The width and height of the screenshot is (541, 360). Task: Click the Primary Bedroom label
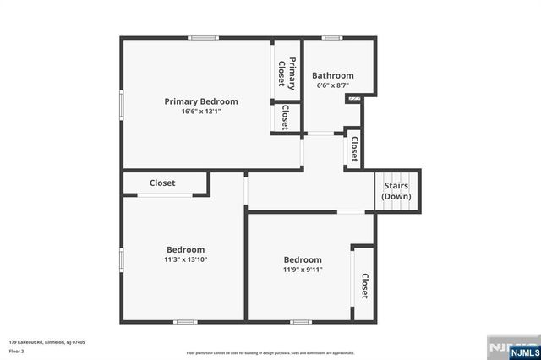200,101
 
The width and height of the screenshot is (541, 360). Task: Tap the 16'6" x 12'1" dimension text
200,112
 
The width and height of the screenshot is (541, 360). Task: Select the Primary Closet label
287,74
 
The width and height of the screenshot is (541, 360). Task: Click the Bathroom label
333,75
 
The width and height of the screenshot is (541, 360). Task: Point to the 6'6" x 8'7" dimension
333,85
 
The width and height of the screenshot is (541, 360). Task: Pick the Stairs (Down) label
396,191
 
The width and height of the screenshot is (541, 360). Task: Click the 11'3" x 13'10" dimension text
185,259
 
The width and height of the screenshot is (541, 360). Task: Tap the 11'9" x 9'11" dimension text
303,270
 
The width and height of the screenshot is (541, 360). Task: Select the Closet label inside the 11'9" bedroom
364,286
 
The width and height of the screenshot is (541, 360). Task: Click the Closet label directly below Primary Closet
286,117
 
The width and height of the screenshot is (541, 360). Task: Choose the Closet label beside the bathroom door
354,149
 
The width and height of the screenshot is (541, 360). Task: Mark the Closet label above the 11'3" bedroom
162,183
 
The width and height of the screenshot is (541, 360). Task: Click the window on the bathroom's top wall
332,37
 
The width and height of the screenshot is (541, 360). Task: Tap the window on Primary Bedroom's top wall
203,37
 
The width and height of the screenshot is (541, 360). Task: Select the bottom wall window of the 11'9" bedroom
300,321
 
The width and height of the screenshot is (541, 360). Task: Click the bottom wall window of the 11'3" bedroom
185,321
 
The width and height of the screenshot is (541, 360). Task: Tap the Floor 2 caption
16,351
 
